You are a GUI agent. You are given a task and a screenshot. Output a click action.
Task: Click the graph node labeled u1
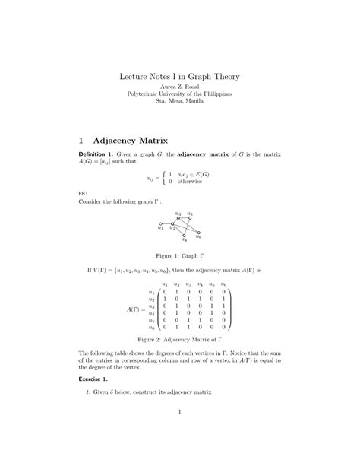click(160, 223)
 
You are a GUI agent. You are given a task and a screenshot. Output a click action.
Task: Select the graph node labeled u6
click(199, 233)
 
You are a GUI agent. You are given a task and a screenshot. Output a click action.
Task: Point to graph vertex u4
click(185, 236)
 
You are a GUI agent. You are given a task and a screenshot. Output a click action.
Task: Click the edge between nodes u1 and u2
click(166, 223)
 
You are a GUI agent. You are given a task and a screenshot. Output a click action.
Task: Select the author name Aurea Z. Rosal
click(179, 87)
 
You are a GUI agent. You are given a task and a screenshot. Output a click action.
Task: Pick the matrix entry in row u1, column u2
click(177, 292)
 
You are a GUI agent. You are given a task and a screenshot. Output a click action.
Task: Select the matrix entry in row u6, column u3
click(188, 327)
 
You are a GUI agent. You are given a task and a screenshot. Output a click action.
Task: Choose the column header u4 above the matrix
click(201, 284)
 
